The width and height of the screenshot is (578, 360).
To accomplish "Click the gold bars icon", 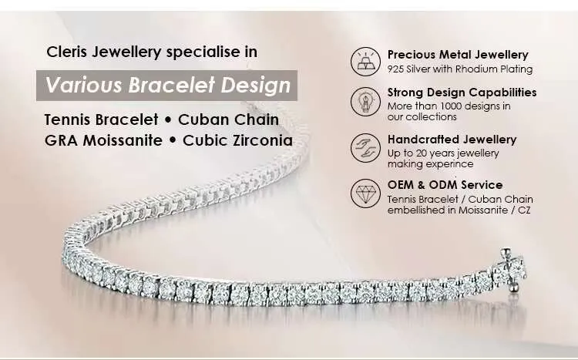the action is pyautogui.click(x=365, y=62).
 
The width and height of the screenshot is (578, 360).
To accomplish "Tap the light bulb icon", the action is pyautogui.click(x=365, y=102).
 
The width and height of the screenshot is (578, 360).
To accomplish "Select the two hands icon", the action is pyautogui.click(x=365, y=147).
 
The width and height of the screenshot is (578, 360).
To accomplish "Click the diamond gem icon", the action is pyautogui.click(x=365, y=193).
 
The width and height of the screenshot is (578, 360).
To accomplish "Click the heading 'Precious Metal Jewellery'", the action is pyautogui.click(x=458, y=55).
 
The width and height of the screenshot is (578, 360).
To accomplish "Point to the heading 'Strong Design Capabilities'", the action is pyautogui.click(x=462, y=93).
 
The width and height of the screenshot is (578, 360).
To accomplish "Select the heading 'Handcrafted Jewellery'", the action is pyautogui.click(x=452, y=140).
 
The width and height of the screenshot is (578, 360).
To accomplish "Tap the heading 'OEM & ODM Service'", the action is pyautogui.click(x=445, y=185).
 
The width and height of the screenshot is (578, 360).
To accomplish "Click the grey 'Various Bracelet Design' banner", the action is pyautogui.click(x=166, y=86).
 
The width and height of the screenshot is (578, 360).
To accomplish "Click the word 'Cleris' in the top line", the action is pyautogui.click(x=67, y=52).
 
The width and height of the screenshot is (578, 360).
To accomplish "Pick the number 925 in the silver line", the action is pyautogui.click(x=395, y=69).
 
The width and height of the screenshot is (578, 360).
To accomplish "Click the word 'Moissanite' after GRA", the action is pyautogui.click(x=123, y=140).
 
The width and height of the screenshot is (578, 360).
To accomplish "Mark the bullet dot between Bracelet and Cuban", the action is pyautogui.click(x=168, y=120).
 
